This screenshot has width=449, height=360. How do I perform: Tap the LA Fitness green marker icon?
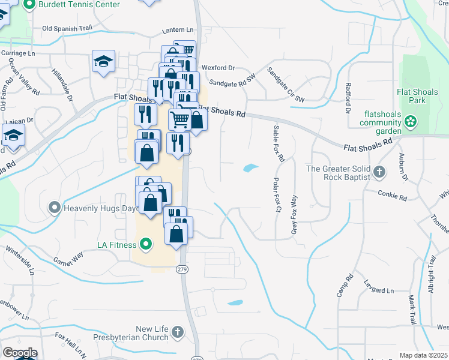click(145, 244)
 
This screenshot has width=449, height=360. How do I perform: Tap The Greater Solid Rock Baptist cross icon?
click(378, 173)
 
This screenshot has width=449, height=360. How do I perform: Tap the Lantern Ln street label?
click(178, 30)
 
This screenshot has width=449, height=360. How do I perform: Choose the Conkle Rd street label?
click(393, 193)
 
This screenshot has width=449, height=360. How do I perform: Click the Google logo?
click(20, 353)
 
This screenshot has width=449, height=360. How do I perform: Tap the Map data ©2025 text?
click(423, 355)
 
